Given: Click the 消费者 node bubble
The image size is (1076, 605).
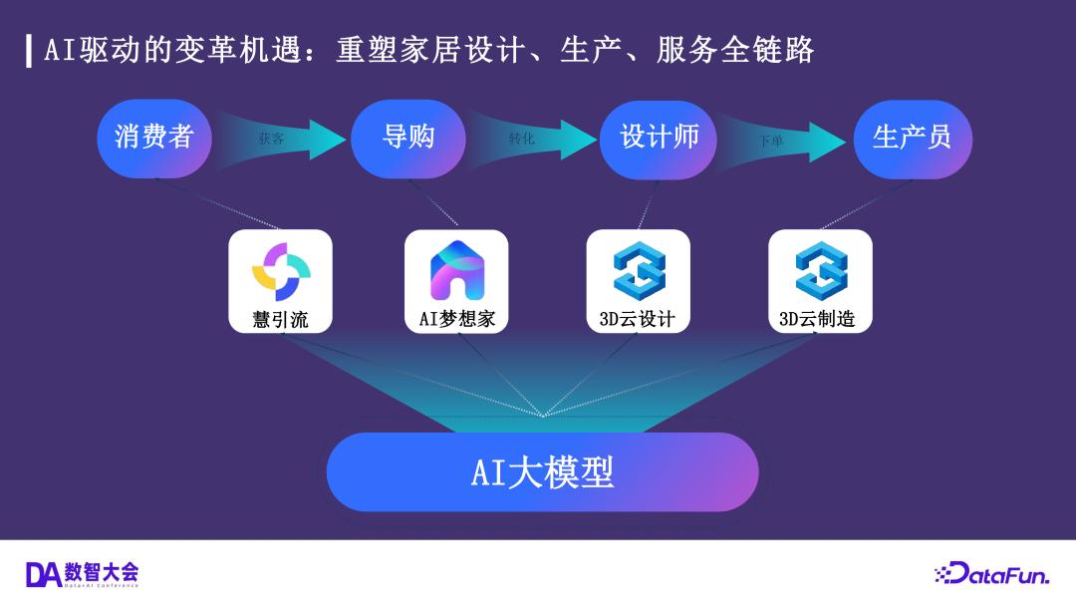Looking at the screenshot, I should (x=154, y=138).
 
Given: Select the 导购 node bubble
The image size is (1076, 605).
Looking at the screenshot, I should (x=408, y=138).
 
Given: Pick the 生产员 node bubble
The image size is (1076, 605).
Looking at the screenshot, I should (x=912, y=138).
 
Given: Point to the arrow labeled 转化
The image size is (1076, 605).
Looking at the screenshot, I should (x=533, y=140).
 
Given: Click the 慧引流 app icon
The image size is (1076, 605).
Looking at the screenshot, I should (x=280, y=270).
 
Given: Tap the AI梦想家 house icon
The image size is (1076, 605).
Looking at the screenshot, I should (x=456, y=270).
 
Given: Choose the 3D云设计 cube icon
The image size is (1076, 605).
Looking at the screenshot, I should (x=639, y=270).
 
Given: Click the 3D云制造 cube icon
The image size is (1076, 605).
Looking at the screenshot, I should (x=821, y=270).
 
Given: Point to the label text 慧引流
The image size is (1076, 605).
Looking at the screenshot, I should (x=280, y=320).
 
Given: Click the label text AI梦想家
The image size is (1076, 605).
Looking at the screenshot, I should (x=456, y=320).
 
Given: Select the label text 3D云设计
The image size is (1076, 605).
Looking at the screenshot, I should (x=638, y=320).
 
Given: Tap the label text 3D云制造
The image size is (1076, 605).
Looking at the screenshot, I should (x=818, y=320).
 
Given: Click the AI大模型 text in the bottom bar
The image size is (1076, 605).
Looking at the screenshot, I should (x=542, y=471).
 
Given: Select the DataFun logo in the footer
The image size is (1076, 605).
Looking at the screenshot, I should (x=991, y=573).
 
